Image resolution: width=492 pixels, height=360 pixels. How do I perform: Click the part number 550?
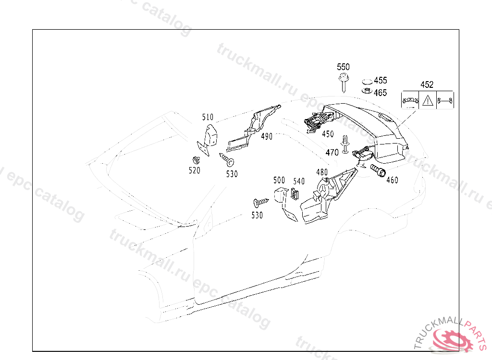(343, 67)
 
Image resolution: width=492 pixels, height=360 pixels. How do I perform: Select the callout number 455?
(381, 81)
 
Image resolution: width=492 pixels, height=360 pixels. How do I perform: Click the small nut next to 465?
(367, 91)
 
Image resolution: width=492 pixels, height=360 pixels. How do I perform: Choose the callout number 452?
(427, 84)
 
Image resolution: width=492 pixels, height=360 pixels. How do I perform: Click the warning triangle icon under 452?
(428, 101)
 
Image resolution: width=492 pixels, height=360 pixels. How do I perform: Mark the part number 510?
(208, 117)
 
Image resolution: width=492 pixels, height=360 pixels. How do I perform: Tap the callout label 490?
(267, 136)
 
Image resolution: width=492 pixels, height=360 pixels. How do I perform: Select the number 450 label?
(328, 134)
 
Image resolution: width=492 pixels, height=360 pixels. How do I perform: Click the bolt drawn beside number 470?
(344, 144)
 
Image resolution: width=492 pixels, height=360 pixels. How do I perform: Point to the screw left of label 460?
(378, 170)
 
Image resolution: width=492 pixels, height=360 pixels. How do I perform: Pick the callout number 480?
(322, 172)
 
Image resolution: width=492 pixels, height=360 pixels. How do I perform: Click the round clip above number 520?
(195, 159)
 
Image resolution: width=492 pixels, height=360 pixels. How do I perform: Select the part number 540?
(299, 181)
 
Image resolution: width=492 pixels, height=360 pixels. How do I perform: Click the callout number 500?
(279, 180)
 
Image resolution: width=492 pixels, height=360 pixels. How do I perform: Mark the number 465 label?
(381, 93)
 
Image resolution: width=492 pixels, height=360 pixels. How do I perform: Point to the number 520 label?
(194, 170)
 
